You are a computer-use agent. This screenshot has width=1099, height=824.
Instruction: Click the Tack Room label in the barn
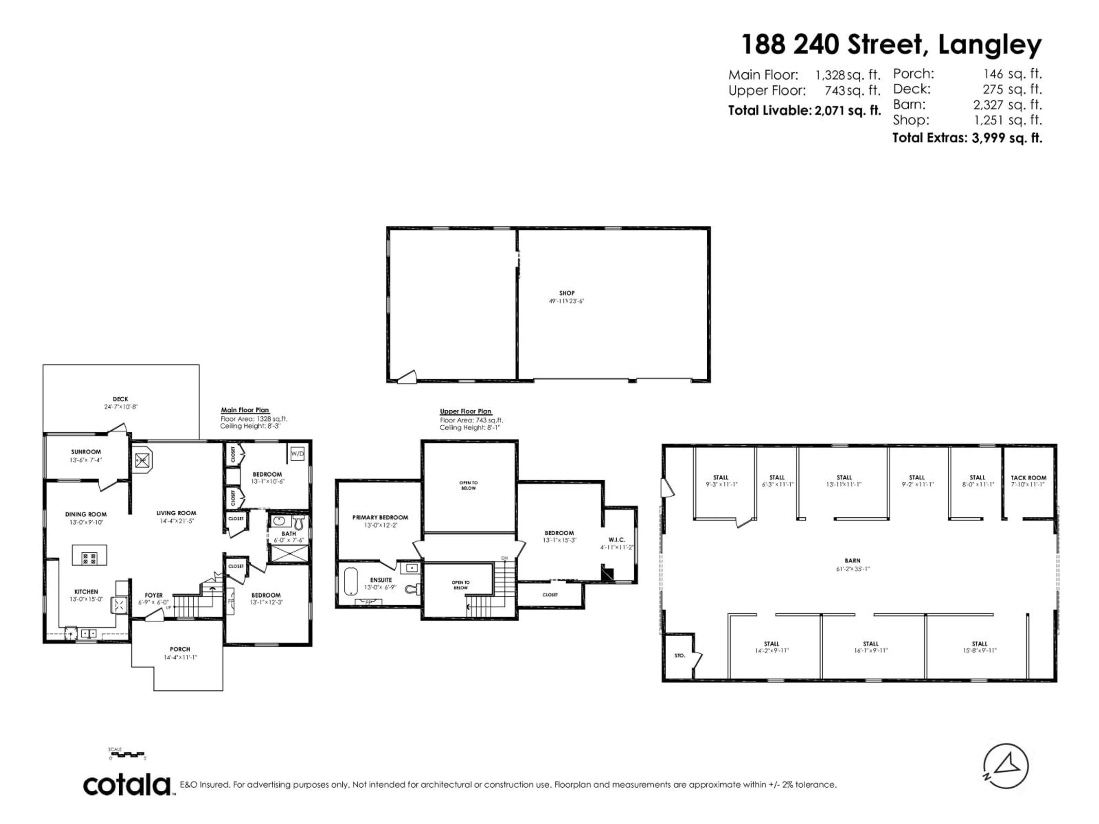point(1028,478)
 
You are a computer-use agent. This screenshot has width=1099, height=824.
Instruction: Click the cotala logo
point(127,785)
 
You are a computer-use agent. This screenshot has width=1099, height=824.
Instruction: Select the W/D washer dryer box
point(297,453)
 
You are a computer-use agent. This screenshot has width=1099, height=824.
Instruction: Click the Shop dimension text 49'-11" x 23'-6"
point(566,301)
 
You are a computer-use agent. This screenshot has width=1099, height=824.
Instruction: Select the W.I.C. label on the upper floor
point(616,540)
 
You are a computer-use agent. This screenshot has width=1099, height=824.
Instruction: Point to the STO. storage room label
point(680,656)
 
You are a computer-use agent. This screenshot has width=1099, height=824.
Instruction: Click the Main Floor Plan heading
point(245,410)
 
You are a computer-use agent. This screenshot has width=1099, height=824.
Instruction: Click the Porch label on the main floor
point(180,649)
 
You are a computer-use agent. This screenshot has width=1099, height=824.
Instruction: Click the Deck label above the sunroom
point(120,399)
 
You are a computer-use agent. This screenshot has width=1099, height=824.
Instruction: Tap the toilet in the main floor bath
point(299,522)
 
